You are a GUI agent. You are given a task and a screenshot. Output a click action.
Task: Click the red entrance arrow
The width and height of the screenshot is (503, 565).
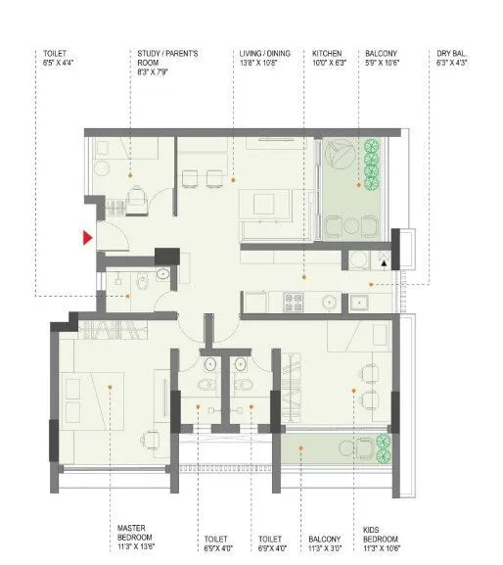(x=87, y=237)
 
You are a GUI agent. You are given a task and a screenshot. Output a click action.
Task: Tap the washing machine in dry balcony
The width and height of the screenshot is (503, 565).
(x=361, y=259)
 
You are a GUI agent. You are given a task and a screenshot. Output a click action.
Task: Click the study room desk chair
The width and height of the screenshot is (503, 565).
(x=136, y=200)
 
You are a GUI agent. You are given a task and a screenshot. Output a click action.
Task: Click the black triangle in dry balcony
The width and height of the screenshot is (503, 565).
(x=385, y=263)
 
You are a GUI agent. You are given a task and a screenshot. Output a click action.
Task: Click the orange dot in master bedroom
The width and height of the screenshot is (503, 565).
(x=111, y=388)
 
